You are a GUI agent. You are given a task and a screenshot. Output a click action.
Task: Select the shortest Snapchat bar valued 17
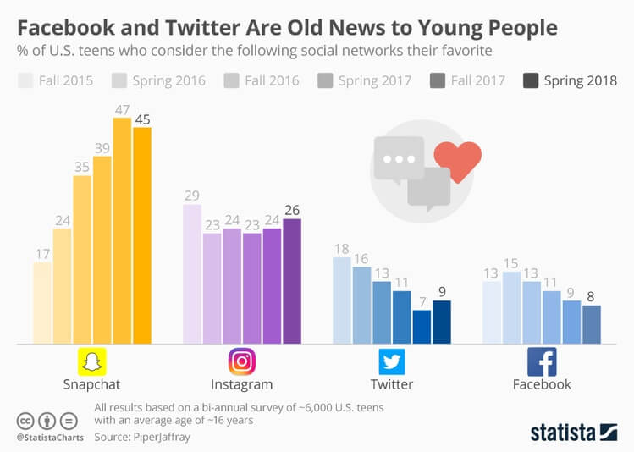42,302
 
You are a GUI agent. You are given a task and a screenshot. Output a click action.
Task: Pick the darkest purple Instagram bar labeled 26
291,281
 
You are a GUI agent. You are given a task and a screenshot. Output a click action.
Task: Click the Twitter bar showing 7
422,327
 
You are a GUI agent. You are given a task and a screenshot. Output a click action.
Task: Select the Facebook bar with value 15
511,307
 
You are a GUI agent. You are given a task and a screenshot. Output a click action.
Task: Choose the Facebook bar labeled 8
591,324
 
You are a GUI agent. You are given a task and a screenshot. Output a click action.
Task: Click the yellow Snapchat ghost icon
92,361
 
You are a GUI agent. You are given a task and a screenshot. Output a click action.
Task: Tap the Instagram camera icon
242,361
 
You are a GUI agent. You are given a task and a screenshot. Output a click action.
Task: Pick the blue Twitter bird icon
392,361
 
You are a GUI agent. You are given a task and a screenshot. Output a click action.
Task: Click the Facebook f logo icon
542,361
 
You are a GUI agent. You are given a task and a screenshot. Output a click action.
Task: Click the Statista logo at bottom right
573,433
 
